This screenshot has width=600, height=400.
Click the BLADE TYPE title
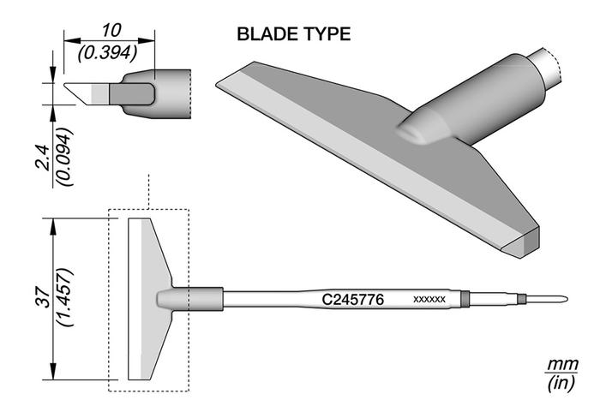[293, 34]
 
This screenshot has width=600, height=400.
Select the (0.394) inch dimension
[108, 53]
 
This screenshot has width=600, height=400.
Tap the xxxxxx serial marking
[429, 300]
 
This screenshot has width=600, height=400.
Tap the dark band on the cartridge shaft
[465, 299]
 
